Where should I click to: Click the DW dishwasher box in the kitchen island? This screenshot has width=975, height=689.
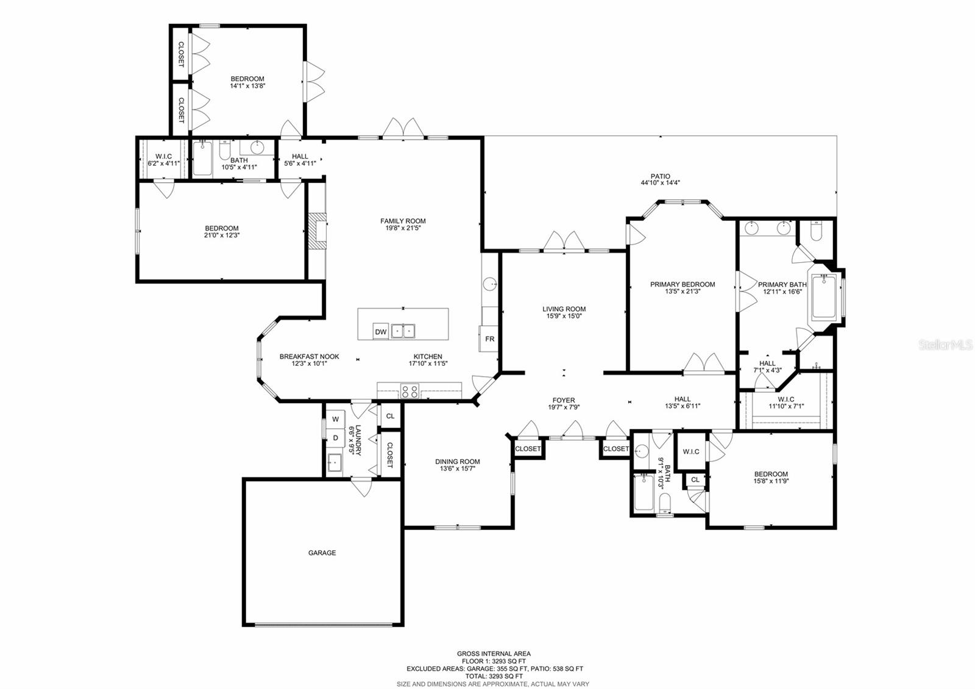(x=381, y=332)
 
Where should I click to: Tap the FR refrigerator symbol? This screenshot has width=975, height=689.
(x=489, y=339)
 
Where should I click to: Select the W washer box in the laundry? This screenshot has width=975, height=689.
(x=335, y=419)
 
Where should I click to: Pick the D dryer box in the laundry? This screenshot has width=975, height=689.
(x=335, y=438)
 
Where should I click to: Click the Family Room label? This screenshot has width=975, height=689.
(x=403, y=221)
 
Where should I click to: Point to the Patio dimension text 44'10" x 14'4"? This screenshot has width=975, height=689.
(x=660, y=183)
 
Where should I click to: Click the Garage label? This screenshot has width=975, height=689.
(x=322, y=553)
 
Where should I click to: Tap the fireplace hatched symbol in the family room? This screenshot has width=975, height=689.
(x=316, y=230)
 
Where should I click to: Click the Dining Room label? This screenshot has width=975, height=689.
(x=457, y=462)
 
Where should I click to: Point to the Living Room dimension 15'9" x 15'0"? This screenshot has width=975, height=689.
(x=564, y=316)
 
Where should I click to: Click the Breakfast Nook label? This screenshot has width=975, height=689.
(x=309, y=357)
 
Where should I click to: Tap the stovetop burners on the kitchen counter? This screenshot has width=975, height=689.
(x=409, y=391)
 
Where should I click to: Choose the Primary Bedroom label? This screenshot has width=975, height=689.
(x=682, y=285)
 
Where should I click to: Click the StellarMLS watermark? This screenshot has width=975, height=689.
(x=945, y=345)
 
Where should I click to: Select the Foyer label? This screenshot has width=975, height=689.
(x=563, y=401)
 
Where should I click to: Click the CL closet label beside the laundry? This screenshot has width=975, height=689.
(x=390, y=416)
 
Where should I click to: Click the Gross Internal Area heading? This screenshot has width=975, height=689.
(x=494, y=654)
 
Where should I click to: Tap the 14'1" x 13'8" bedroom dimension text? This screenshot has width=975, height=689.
(x=247, y=86)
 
